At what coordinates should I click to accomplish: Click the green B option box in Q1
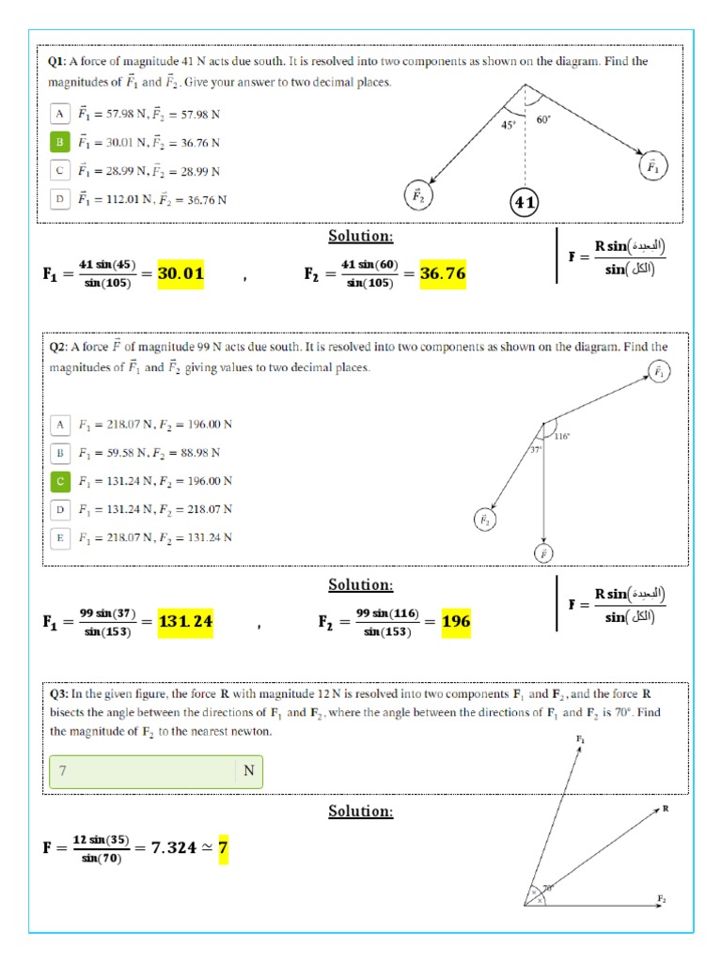(59, 142)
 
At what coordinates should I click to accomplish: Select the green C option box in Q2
(60, 481)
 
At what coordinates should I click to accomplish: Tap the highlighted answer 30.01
(180, 273)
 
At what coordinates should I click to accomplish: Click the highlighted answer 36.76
(442, 273)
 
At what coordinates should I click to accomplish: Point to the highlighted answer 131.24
(185, 621)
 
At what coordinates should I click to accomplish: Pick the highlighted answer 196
(456, 621)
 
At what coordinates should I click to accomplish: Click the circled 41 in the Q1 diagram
(525, 202)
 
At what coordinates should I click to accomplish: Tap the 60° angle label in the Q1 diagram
(543, 119)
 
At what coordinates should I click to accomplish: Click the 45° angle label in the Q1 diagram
(508, 125)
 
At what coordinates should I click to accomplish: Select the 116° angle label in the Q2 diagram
(562, 436)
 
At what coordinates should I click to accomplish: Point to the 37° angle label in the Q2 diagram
(536, 450)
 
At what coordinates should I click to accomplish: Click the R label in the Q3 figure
(665, 808)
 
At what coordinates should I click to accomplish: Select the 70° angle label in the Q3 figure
(546, 886)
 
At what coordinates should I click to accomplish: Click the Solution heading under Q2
(360, 584)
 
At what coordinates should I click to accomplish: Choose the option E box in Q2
(60, 537)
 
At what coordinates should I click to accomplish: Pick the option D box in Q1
(59, 199)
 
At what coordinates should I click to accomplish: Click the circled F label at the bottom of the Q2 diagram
(543, 553)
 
